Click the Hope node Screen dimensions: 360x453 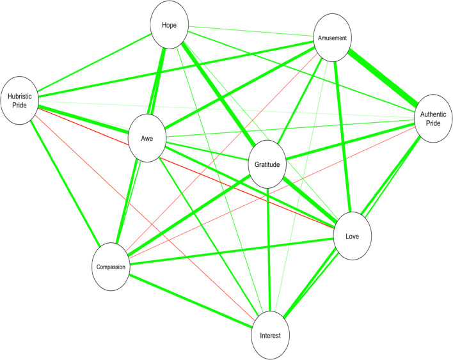pyautogui.click(x=171, y=26)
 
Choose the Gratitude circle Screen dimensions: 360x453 pyautogui.click(x=267, y=164)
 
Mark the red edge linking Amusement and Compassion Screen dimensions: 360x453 pyautogui.click(x=211, y=160)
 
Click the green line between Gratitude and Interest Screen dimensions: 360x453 pyautogui.click(x=269, y=249)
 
